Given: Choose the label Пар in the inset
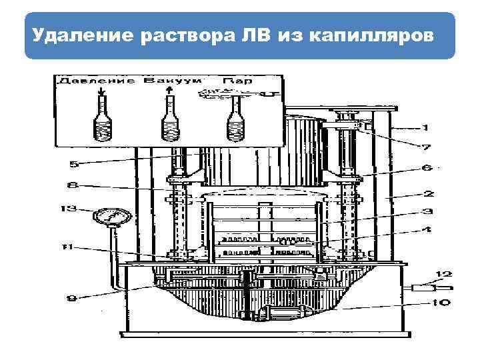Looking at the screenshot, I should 238,81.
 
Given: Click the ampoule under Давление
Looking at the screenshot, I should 102,120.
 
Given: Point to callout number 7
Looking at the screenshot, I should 425,147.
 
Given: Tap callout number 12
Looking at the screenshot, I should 443,273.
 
